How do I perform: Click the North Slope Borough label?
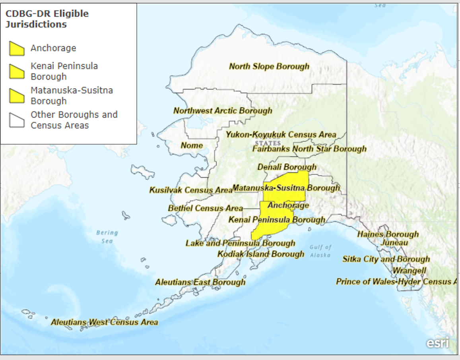point(269,66)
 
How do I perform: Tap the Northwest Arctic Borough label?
point(223,111)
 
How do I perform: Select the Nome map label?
point(192,145)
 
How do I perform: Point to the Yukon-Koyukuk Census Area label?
point(281,135)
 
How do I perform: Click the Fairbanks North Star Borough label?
point(309,149)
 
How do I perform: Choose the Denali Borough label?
point(287,167)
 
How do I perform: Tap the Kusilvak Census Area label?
point(190,190)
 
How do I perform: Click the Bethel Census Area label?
point(205,208)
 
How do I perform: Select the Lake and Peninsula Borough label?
point(240,243)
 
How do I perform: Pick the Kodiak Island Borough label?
point(260,254)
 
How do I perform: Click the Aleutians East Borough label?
point(200,282)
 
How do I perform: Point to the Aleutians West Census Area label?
point(104,322)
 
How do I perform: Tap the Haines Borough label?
point(388,234)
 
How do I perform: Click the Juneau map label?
point(394,242)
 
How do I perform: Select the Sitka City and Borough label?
point(386,259)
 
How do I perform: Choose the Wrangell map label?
point(409,271)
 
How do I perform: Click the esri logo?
point(437,343)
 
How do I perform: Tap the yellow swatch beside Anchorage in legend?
point(17,48)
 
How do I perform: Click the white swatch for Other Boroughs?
point(17,120)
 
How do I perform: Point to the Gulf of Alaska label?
point(320,251)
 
